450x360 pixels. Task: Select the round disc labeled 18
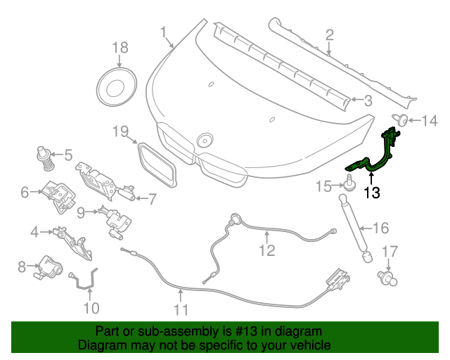pyautogui.click(x=115, y=86)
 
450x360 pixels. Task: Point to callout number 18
pyautogui.click(x=120, y=48)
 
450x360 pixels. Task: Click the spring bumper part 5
pyautogui.click(x=46, y=158)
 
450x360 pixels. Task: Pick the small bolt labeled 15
pyautogui.click(x=348, y=184)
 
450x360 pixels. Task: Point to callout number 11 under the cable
pyautogui.click(x=181, y=309)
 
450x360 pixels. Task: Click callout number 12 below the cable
pyautogui.click(x=266, y=250)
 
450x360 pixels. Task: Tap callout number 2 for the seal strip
pyautogui.click(x=328, y=34)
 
